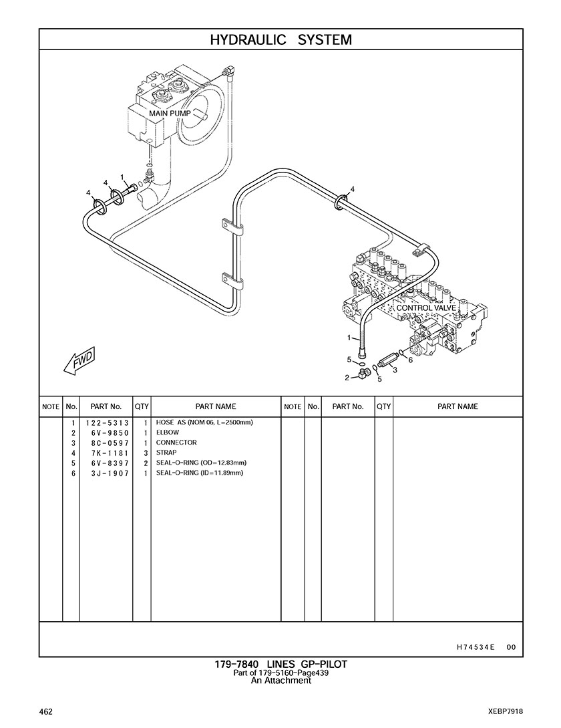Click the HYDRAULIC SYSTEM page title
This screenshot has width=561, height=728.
pos(280,39)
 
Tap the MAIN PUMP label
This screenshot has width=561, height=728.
pos(170,113)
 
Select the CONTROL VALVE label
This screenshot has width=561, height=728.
pos(426,308)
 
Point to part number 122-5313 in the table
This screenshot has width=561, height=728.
pos(107,423)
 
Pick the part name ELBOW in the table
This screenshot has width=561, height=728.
pos(168,433)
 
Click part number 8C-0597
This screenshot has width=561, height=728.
pos(110,443)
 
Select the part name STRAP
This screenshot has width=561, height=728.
pos(166,453)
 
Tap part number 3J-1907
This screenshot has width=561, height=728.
pos(110,473)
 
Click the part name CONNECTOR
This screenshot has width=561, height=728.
pos(176,443)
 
